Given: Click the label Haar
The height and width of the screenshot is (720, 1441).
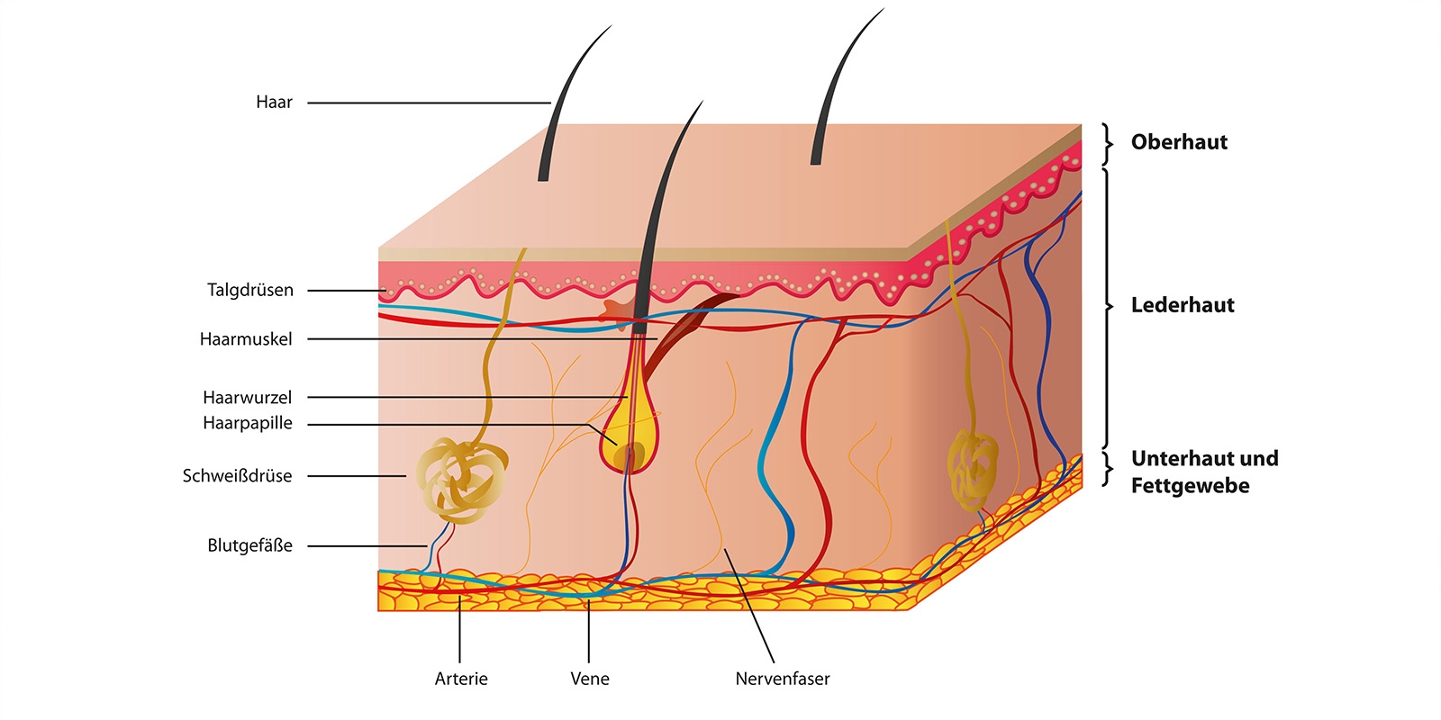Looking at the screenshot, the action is pyautogui.click(x=274, y=103).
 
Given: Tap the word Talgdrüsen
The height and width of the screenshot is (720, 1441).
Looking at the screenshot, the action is pyautogui.click(x=250, y=291).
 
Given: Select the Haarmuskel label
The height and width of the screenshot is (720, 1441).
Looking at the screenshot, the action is pyautogui.click(x=246, y=339).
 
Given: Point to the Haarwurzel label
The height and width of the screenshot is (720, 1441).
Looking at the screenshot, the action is pyautogui.click(x=247, y=398).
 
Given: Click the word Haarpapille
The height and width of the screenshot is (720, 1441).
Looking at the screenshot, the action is pyautogui.click(x=248, y=424).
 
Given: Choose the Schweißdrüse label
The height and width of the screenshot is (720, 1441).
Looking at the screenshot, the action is pyautogui.click(x=237, y=476).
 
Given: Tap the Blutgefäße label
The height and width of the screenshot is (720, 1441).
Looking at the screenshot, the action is pyautogui.click(x=249, y=545).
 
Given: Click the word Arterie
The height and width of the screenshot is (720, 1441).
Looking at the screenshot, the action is pyautogui.click(x=461, y=679).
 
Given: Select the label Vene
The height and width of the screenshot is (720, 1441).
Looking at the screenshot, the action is pyautogui.click(x=589, y=679).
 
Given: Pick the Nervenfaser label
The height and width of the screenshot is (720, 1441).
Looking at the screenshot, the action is pyautogui.click(x=783, y=679).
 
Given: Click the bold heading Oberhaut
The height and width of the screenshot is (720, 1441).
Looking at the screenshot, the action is pyautogui.click(x=1179, y=142).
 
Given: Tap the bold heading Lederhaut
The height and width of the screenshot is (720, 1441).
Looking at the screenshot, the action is pyautogui.click(x=1183, y=305).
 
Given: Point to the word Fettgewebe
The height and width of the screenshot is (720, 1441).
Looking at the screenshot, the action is pyautogui.click(x=1190, y=486).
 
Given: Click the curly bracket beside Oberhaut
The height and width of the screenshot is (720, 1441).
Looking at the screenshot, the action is pyautogui.click(x=1107, y=144).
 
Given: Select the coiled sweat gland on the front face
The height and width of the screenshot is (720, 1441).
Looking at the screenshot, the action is pyautogui.click(x=462, y=479).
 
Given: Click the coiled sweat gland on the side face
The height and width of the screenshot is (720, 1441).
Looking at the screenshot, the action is pyautogui.click(x=973, y=469).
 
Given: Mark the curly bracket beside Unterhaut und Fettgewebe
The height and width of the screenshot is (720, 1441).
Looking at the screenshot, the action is pyautogui.click(x=1107, y=469).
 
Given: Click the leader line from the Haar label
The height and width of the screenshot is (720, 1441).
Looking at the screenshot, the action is pyautogui.click(x=429, y=103).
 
